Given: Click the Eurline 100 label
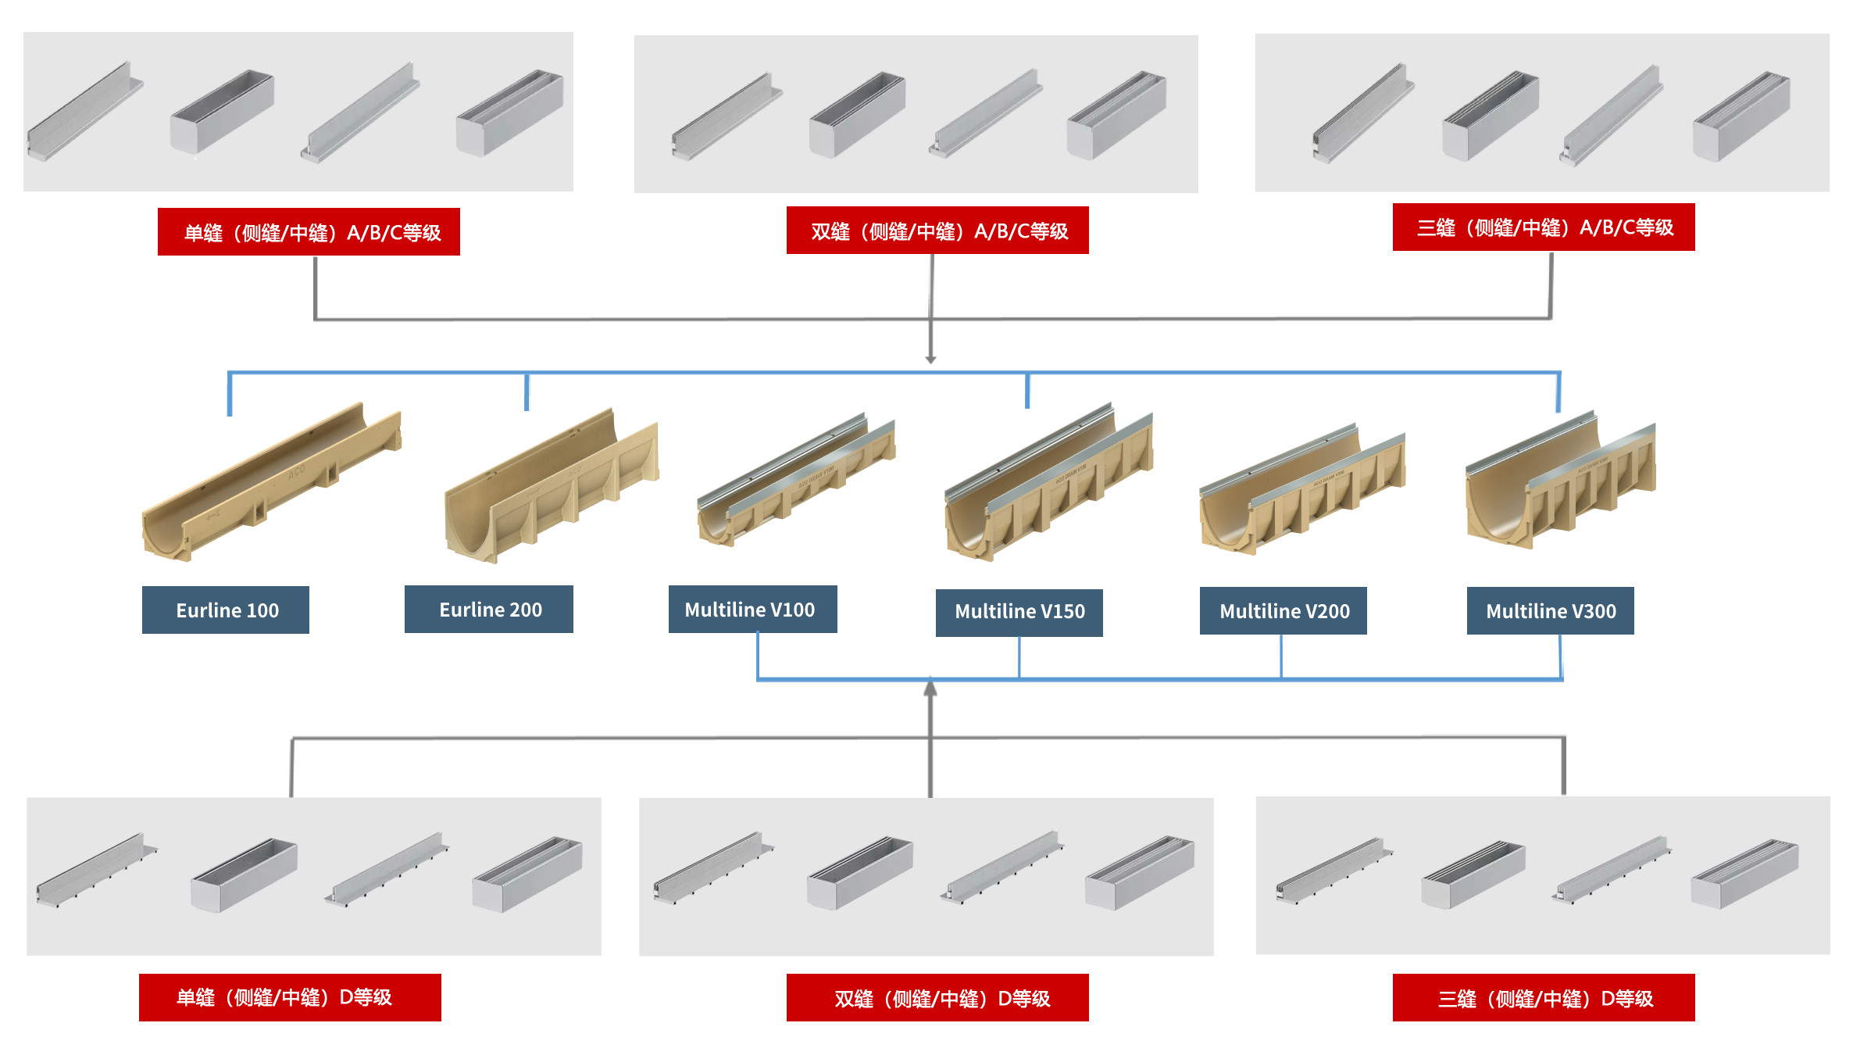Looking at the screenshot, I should pos(226,610).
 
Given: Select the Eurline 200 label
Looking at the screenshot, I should pos(489,609).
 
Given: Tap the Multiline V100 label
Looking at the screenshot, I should pos(752,609).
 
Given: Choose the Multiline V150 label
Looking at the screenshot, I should pos(1019,613).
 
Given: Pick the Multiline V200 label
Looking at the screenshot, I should pos(1283,610).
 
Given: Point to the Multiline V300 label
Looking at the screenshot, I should pos(1550,610).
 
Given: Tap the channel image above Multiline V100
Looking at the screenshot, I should pos(796,480).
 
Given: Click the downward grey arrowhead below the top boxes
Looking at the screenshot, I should pos(930,359).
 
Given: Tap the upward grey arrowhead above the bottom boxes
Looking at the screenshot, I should pos(930,688).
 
